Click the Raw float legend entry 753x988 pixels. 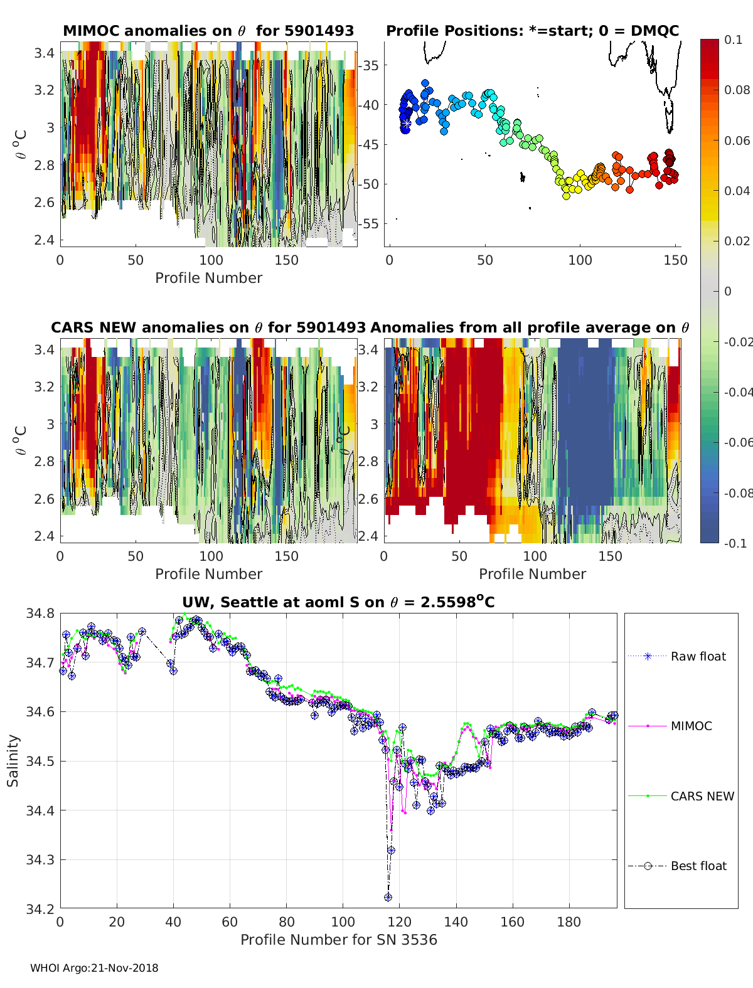point(677,656)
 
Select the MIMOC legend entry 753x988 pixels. point(670,726)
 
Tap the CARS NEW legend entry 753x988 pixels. point(681,796)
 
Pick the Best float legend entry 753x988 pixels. point(677,866)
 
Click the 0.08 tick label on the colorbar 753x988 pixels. point(737,90)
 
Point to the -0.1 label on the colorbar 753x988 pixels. point(735,543)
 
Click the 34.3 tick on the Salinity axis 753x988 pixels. point(40,860)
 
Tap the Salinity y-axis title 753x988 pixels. point(13,761)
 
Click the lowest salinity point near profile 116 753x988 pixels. point(388,897)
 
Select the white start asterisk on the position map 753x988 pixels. point(407,124)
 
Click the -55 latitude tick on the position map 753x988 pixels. point(368,224)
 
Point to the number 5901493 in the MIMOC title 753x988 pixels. point(319,31)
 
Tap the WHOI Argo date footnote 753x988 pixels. point(94,968)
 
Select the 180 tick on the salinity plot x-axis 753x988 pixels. point(569,922)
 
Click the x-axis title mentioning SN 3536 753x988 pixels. point(339,940)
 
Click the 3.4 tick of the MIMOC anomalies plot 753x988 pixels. point(44,53)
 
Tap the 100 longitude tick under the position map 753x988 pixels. point(580,260)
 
